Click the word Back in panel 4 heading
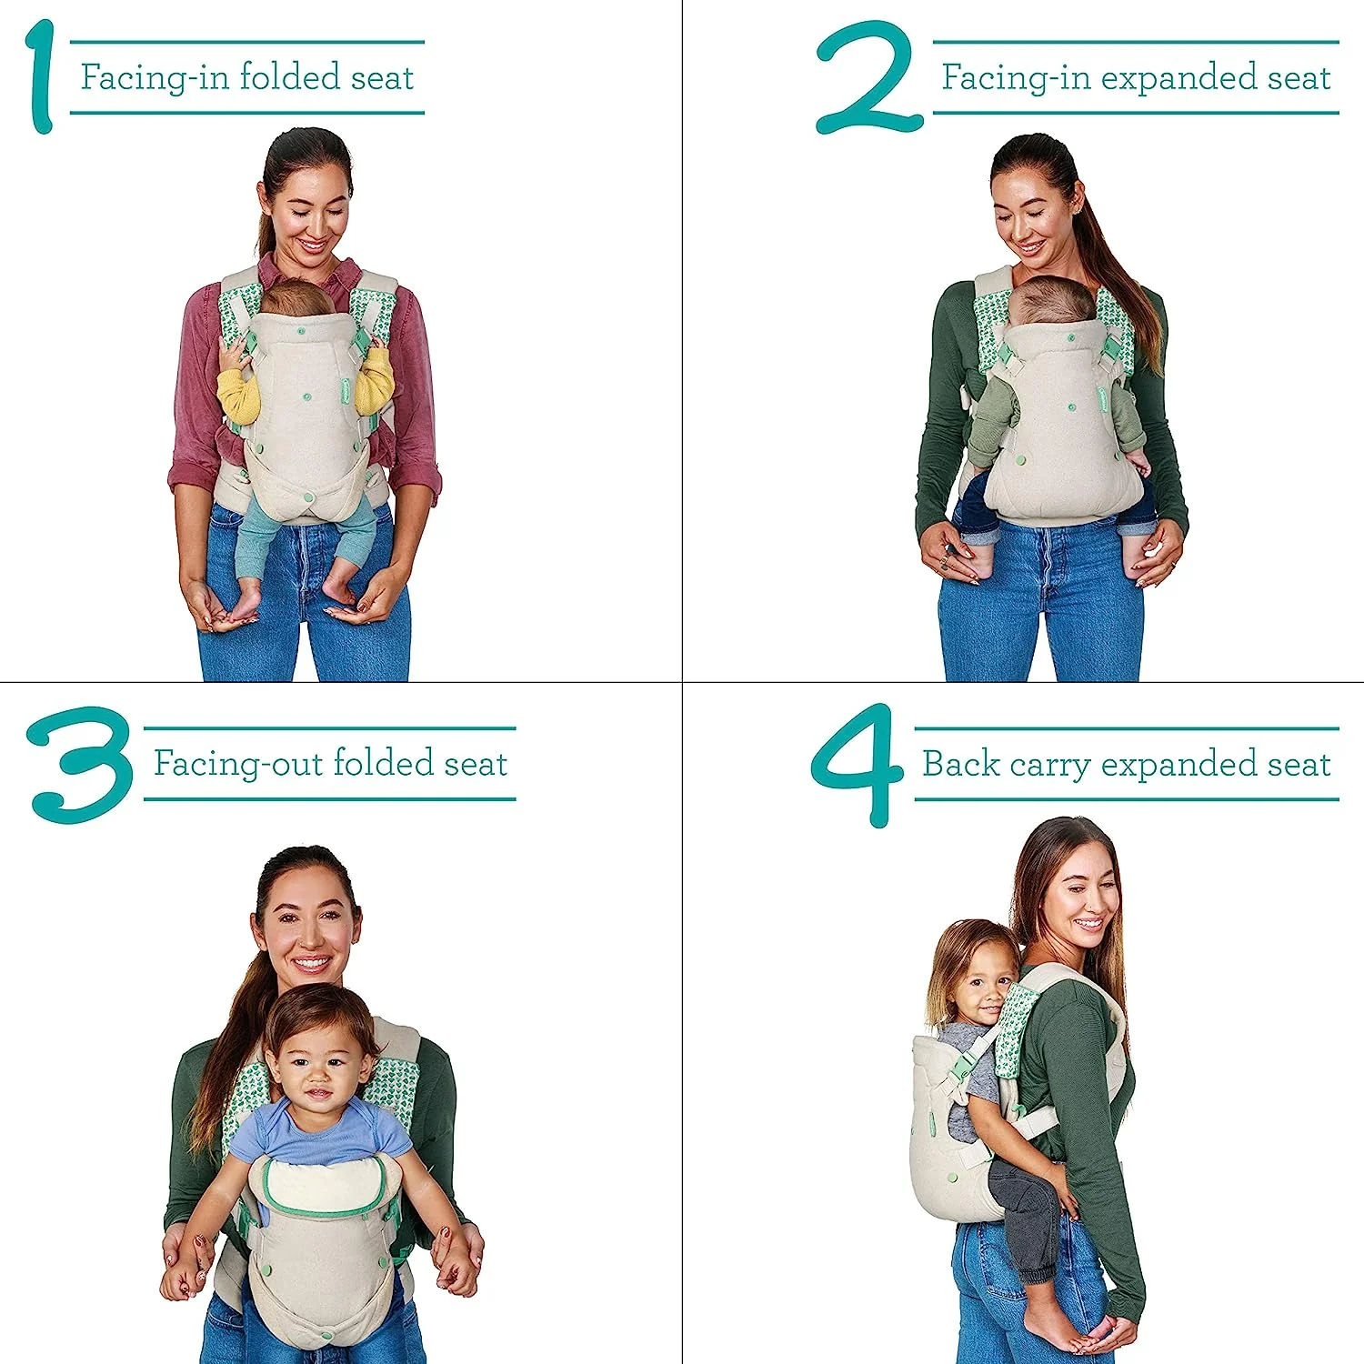(x=960, y=764)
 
